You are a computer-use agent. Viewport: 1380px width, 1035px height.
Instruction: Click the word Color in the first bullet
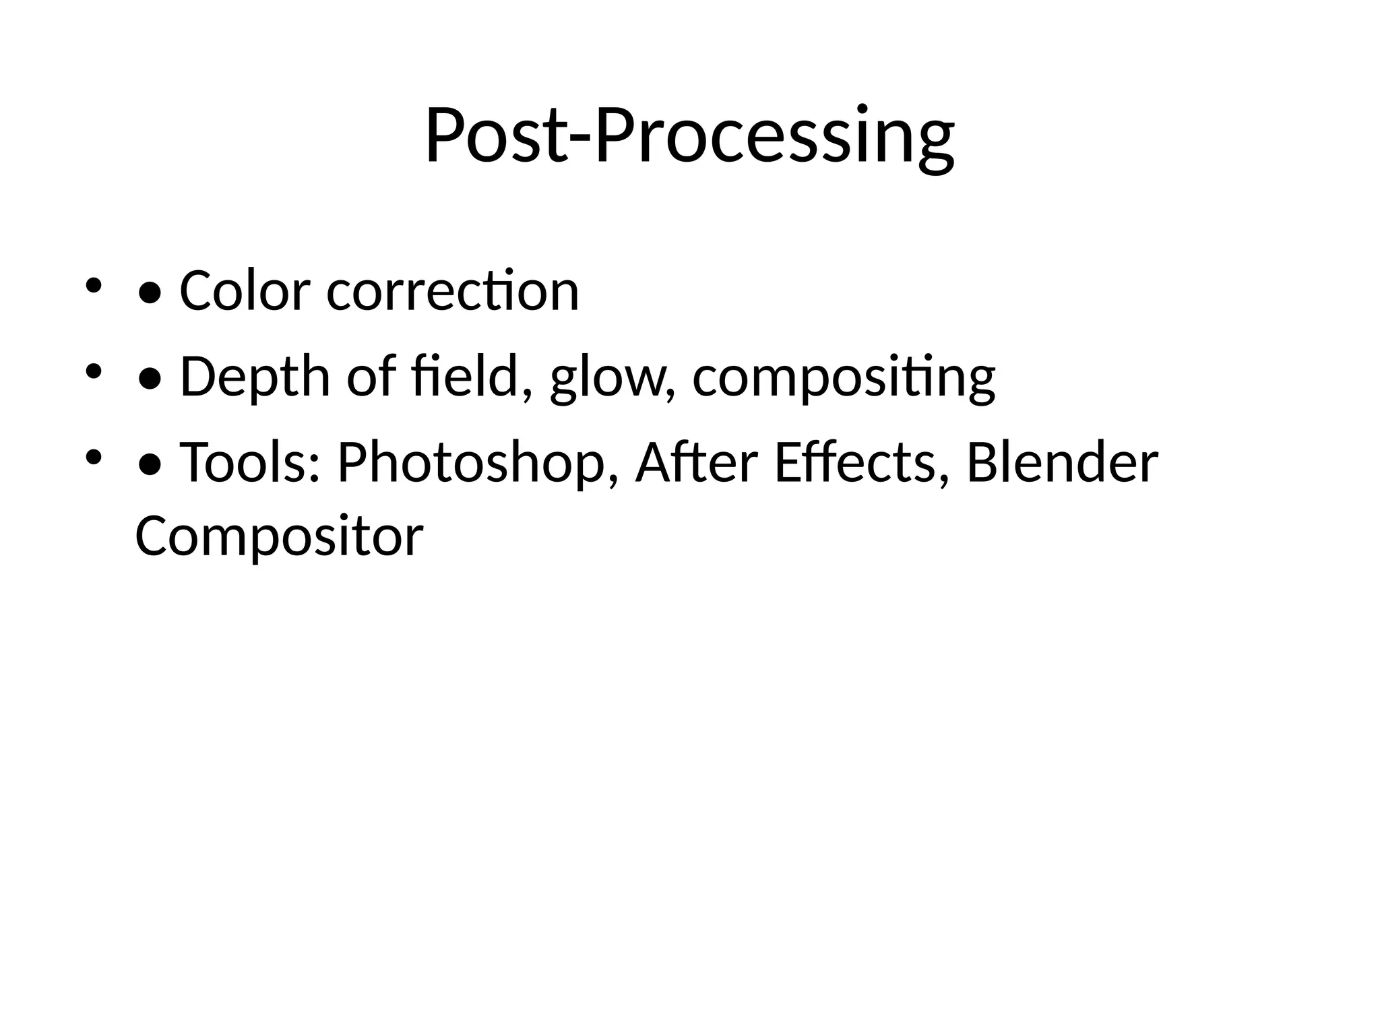[x=245, y=291]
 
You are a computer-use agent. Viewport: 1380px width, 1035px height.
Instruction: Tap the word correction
[x=453, y=291]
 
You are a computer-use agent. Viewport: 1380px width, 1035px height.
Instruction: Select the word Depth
[x=255, y=377]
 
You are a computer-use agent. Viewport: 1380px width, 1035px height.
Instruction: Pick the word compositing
[x=844, y=378]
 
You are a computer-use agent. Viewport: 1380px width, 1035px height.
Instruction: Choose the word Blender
[x=1062, y=463]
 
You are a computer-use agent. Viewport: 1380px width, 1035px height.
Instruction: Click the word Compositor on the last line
[x=279, y=536]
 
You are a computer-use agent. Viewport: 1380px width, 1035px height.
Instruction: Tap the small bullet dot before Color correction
[x=93, y=286]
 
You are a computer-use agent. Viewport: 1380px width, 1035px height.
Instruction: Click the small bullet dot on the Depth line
[x=93, y=371]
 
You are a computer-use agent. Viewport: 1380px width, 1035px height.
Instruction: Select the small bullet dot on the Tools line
[x=93, y=458]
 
